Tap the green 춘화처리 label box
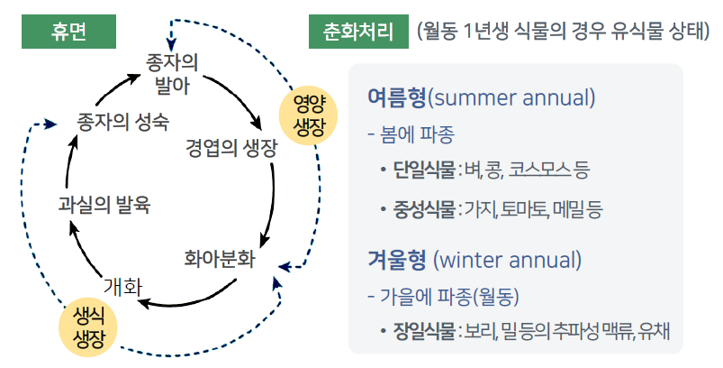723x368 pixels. pos(357,32)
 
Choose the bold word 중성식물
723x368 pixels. pos(424,211)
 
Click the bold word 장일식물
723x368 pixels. pos(424,330)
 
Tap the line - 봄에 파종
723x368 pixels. pos(411,135)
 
